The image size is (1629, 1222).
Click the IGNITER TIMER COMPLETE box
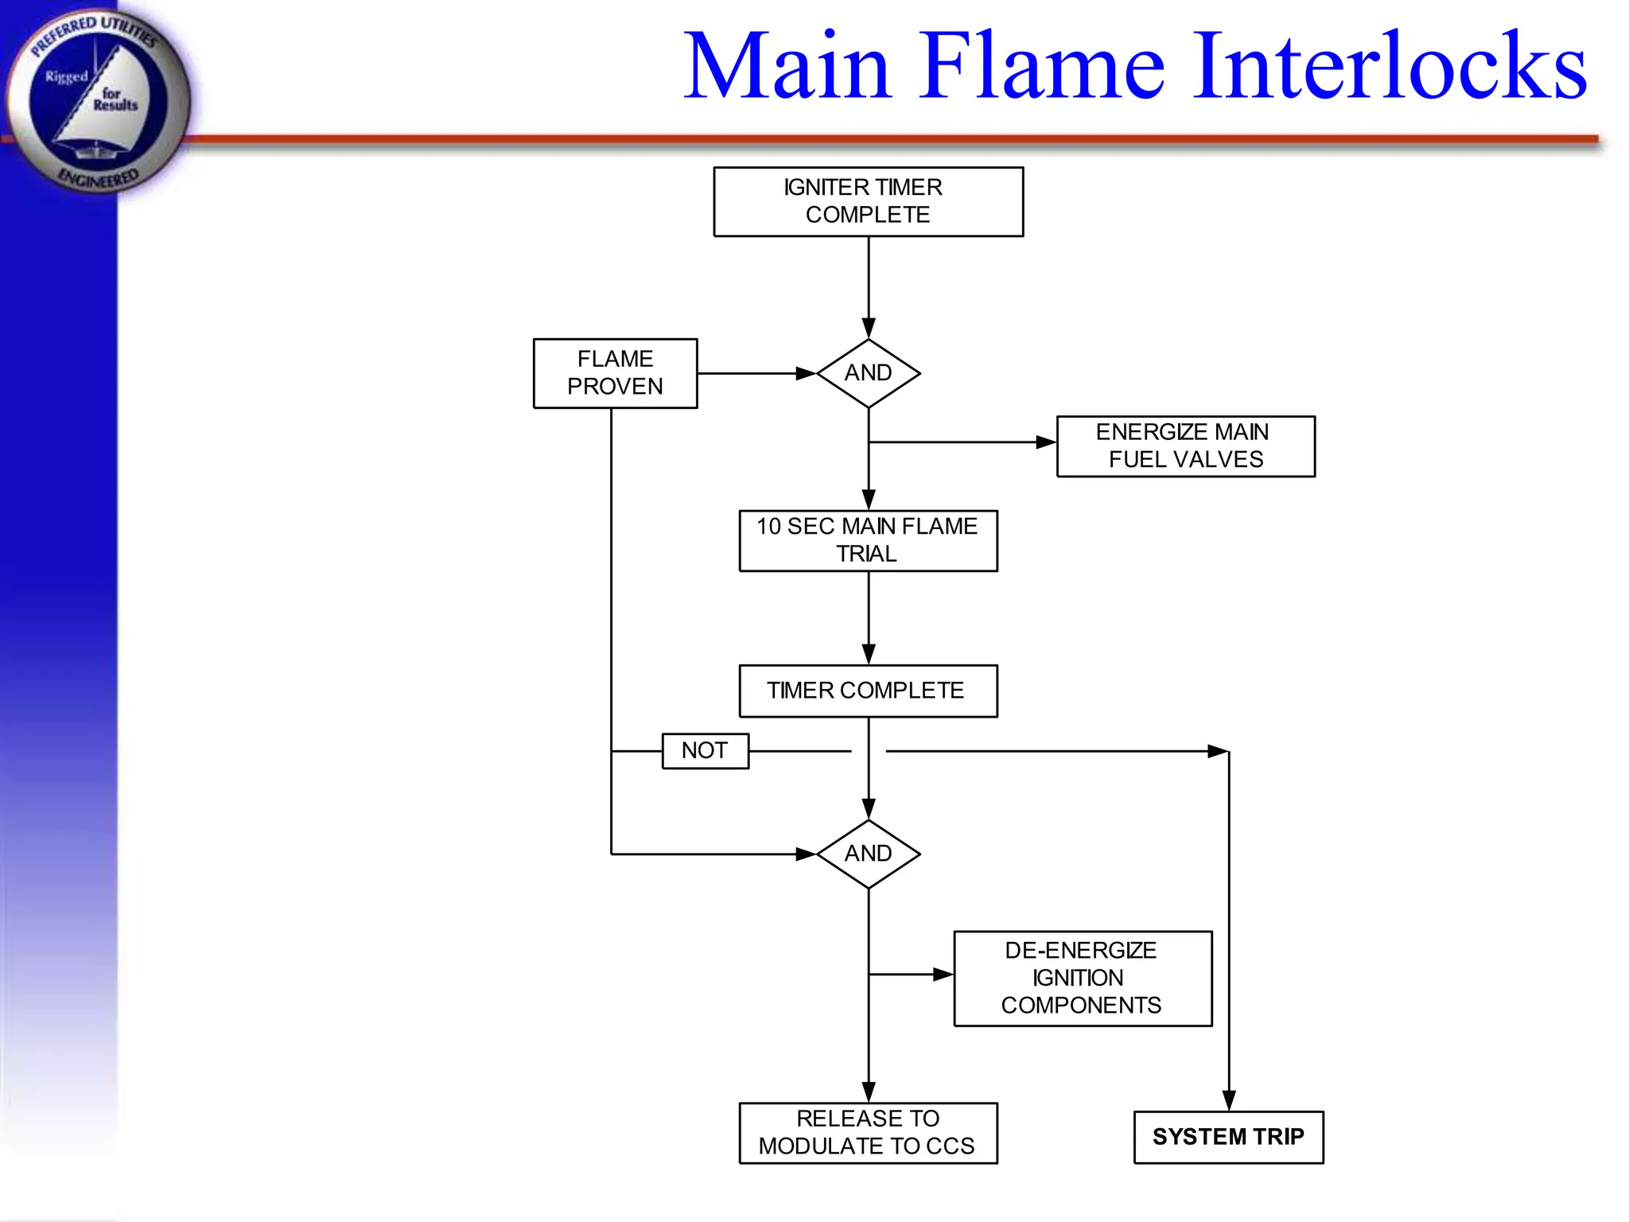tap(868, 201)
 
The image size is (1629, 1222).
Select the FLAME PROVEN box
tap(615, 373)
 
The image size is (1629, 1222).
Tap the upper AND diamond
tap(868, 373)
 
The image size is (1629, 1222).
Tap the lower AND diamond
tap(868, 854)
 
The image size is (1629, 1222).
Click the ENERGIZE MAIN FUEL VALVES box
tap(1185, 446)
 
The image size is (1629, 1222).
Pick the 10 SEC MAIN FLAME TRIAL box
tap(868, 540)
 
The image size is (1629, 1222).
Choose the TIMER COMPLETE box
tap(868, 691)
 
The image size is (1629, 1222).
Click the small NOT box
tap(705, 750)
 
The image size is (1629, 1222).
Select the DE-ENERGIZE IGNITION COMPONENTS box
tap(1083, 978)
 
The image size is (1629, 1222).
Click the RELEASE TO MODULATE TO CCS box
tap(868, 1132)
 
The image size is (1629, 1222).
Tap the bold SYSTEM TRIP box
tap(1228, 1137)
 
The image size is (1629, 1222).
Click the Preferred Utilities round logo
tap(97, 99)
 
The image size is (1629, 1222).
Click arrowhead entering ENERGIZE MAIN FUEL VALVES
tap(1046, 442)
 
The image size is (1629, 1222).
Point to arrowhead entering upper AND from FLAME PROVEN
tap(806, 373)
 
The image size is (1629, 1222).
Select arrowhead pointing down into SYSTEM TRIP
tap(1229, 1100)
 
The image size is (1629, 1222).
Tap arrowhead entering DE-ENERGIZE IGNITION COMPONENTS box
tap(943, 974)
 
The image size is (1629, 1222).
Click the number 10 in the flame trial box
tap(768, 527)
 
